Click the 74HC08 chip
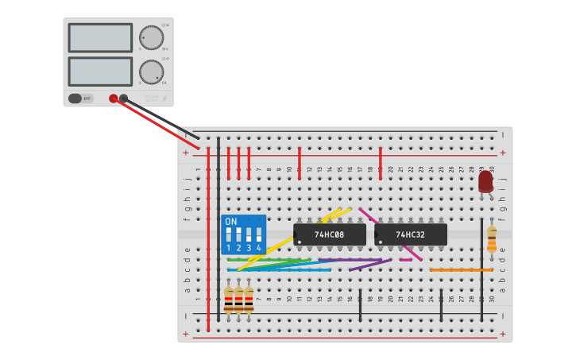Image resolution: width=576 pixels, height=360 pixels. pos(329,234)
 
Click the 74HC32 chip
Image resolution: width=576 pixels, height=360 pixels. pos(411,234)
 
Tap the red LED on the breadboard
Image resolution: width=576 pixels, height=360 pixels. pos(485,181)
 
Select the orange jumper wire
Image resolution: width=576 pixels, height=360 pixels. pos(461,269)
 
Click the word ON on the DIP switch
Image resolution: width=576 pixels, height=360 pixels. pos(231,222)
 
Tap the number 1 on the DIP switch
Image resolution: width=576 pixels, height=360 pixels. pos(229,248)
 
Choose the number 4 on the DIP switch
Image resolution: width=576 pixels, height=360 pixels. pos(258,248)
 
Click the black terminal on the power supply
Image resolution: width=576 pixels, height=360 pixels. pos(123,99)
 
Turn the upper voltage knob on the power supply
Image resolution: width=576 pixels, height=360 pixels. pos(151,37)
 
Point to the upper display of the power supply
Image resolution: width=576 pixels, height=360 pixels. pos(100,37)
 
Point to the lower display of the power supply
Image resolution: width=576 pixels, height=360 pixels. pos(100,71)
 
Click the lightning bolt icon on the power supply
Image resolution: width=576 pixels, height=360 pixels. pos(164,99)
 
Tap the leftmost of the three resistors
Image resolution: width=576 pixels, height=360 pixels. pos(229,299)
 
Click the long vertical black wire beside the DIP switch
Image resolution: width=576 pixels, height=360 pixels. pos(218,230)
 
